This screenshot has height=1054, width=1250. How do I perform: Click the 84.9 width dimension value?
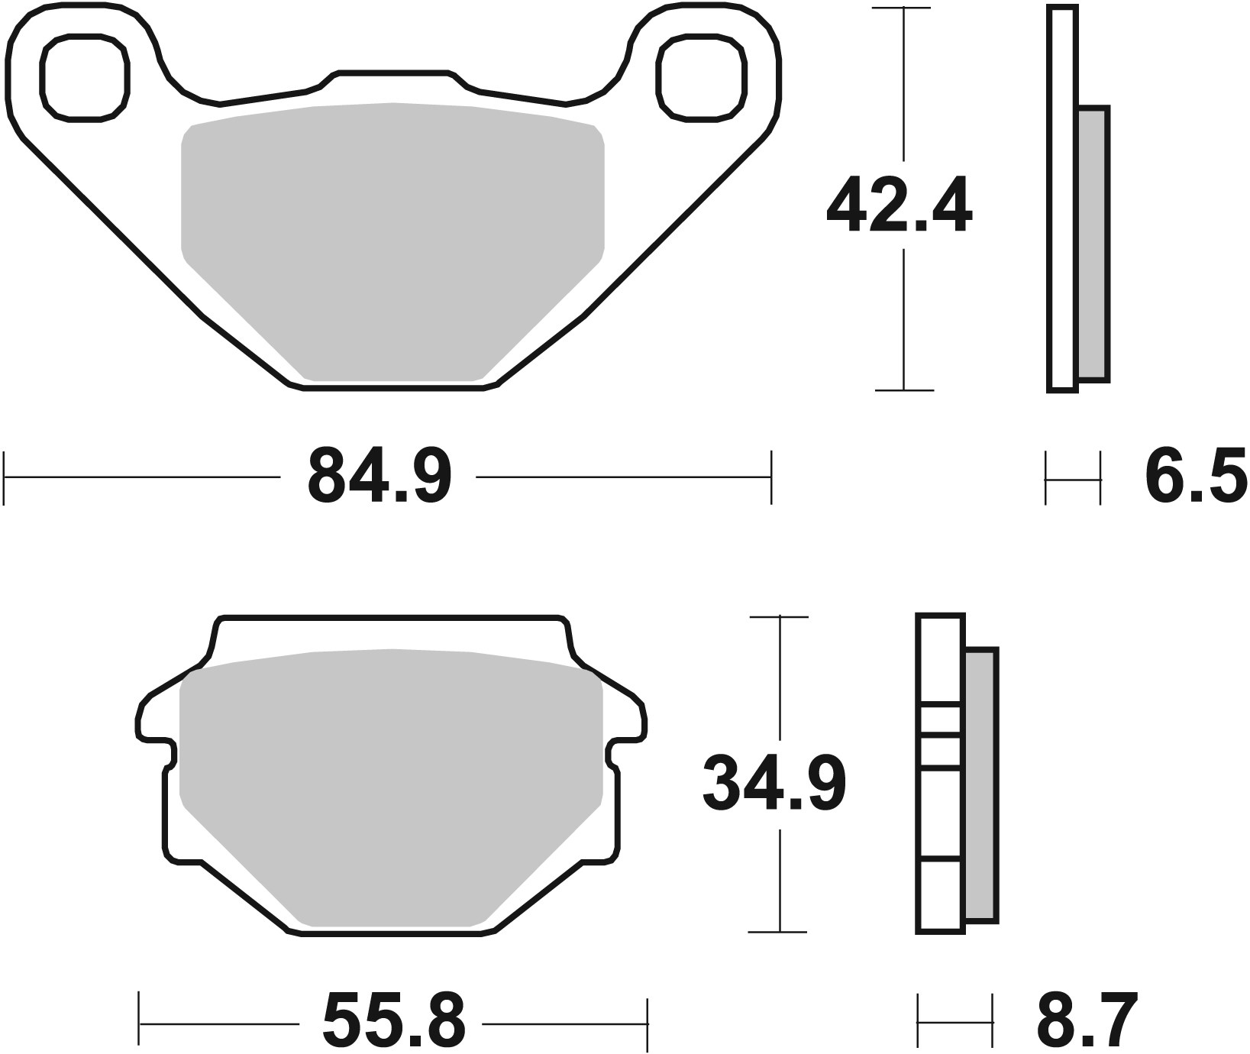coord(380,477)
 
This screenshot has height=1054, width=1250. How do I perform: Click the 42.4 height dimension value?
coord(899,205)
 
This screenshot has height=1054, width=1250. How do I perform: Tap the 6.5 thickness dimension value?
coord(1196,477)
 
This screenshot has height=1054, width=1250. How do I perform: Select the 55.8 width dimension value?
coord(393,1022)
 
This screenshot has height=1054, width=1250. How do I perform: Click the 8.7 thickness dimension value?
coord(1087,1020)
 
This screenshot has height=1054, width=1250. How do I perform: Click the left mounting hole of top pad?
coord(84,77)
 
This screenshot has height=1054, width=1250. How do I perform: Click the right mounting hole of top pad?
coord(699,77)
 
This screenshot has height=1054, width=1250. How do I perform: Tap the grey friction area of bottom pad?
coord(391,779)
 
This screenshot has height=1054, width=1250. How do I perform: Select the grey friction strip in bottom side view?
coord(981,784)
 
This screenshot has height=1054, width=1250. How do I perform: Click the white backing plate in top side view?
coord(1061,199)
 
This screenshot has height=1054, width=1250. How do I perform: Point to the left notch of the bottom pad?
coord(162,752)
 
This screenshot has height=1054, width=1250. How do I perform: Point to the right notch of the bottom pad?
coord(619,752)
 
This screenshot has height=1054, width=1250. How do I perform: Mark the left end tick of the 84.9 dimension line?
coord(5,477)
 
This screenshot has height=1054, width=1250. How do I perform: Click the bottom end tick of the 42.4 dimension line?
coord(904,390)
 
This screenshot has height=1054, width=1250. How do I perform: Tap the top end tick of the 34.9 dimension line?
coord(779,616)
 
